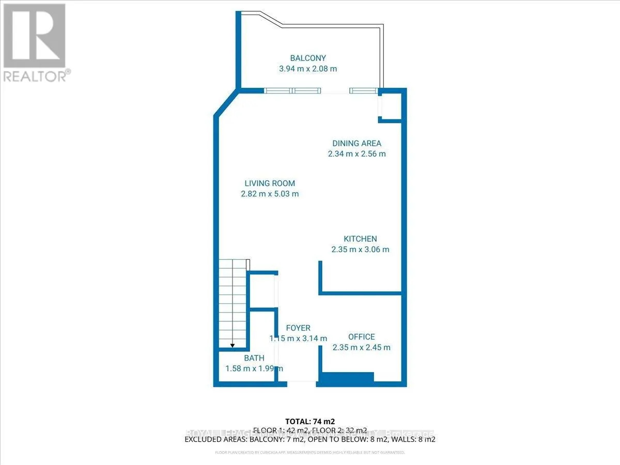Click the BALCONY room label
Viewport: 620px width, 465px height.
click(307, 58)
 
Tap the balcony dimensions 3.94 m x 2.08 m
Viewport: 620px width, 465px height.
click(307, 68)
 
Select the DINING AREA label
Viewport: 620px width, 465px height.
click(357, 143)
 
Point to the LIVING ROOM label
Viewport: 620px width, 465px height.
click(270, 183)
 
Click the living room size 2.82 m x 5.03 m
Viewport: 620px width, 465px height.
click(270, 194)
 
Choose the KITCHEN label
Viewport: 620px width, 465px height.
click(360, 239)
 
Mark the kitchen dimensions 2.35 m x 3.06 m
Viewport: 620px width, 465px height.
click(360, 249)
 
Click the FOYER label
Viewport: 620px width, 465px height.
click(298, 328)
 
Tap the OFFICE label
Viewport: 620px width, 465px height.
click(361, 337)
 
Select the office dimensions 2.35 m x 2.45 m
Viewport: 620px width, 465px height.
click(361, 347)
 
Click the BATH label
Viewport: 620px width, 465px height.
click(254, 358)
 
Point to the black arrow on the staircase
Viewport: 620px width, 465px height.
click(233, 344)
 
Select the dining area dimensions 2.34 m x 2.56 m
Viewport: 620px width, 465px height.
click(357, 153)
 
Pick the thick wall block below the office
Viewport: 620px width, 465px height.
click(345, 379)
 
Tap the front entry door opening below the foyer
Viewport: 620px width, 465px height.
click(302, 382)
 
